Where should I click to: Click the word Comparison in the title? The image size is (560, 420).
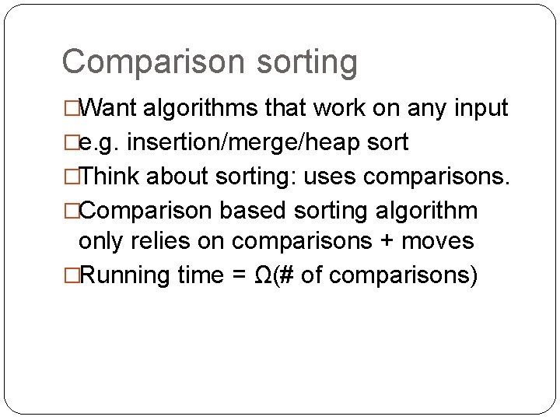pyautogui.click(x=137, y=61)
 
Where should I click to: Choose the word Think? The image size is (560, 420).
pyautogui.click(x=108, y=177)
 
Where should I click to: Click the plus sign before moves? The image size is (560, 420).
pyautogui.click(x=387, y=242)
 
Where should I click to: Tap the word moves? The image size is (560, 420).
pyautogui.click(x=437, y=242)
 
